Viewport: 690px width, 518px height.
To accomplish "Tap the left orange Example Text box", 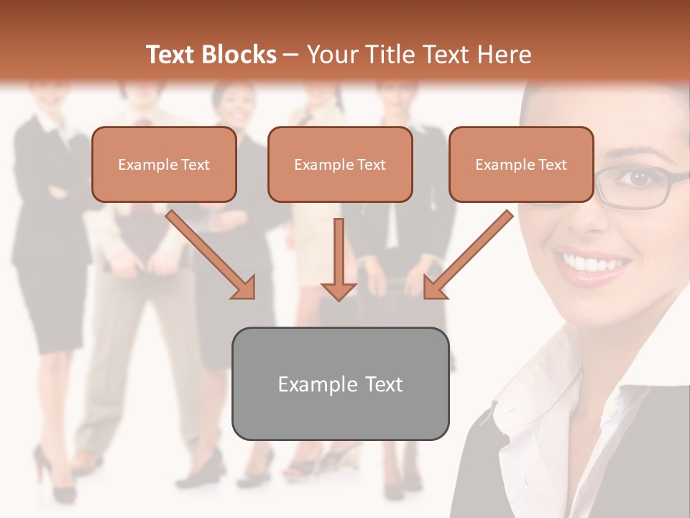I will click(x=164, y=165).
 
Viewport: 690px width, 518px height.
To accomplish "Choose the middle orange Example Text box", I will click(x=340, y=165).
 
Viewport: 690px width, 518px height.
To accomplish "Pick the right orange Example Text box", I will click(x=521, y=165).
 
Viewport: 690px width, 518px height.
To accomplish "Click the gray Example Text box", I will click(x=340, y=383).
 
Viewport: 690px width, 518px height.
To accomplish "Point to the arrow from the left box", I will click(x=212, y=255).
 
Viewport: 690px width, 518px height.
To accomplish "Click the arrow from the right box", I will click(x=467, y=255).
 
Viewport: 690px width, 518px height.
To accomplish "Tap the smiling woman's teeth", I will click(x=593, y=264).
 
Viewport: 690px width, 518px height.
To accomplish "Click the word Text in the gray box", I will click(x=384, y=384).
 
